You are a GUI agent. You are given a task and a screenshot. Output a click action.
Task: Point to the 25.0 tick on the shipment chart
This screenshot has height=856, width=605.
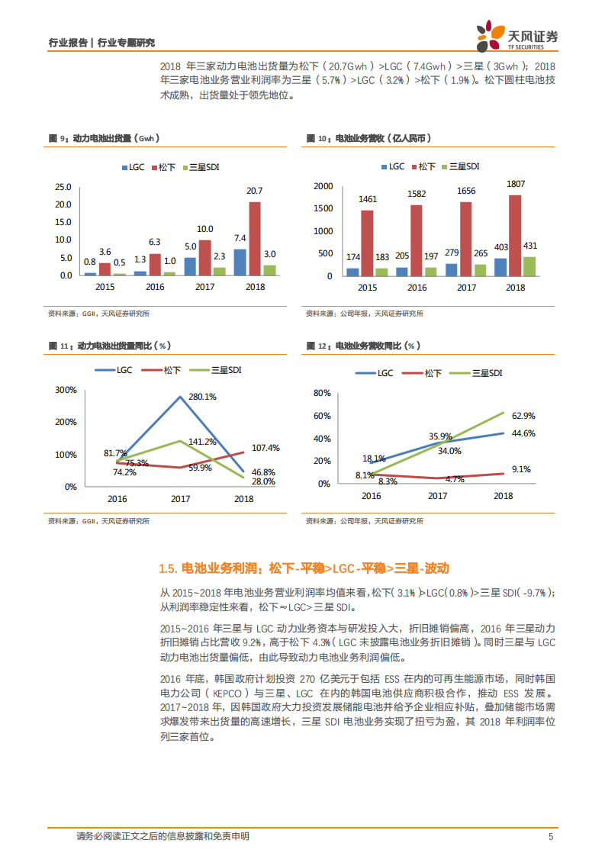pyautogui.click(x=63, y=187)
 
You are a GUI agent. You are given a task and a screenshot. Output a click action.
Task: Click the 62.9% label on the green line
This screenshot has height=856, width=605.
pyautogui.click(x=523, y=416)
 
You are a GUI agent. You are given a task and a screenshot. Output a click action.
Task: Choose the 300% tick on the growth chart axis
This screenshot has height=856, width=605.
pyautogui.click(x=66, y=390)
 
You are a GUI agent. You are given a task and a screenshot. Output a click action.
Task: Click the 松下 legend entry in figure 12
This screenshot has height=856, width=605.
pyautogui.click(x=433, y=373)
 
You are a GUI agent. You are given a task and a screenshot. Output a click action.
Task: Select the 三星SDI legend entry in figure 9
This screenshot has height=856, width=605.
pyautogui.click(x=204, y=166)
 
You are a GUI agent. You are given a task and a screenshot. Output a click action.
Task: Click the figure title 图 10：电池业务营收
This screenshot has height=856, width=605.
pyautogui.click(x=368, y=138)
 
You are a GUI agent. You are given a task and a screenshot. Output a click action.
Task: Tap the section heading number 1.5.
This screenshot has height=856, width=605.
pyautogui.click(x=168, y=568)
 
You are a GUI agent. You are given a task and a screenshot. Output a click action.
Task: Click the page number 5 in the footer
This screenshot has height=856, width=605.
pyautogui.click(x=551, y=837)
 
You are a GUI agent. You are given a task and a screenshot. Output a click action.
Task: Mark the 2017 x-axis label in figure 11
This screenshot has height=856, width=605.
pyautogui.click(x=181, y=499)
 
